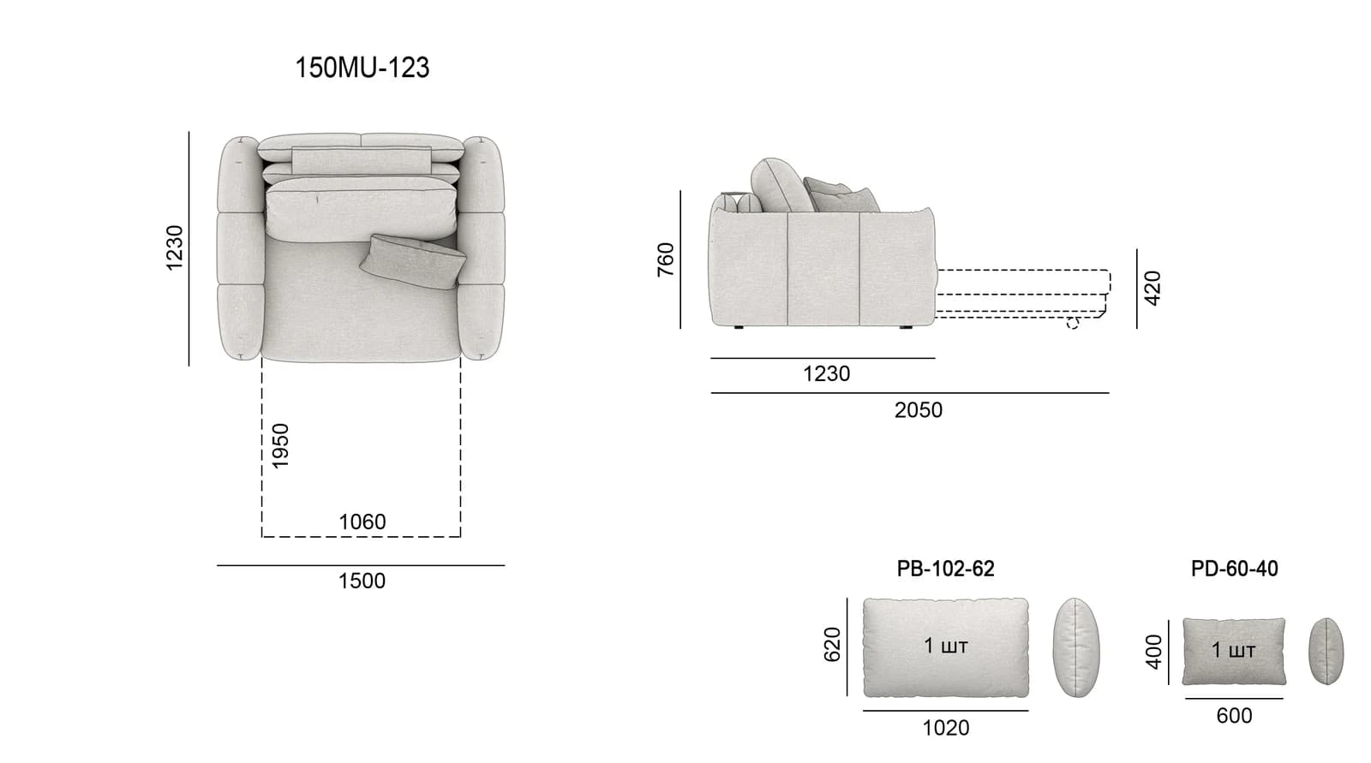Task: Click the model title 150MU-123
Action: tap(362, 68)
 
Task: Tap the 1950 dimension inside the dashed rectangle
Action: tap(279, 446)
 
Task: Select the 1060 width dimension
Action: tap(362, 522)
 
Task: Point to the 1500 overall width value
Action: tap(362, 581)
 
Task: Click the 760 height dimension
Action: tap(665, 259)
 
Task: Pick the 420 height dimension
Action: tap(1152, 289)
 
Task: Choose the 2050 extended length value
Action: tap(918, 410)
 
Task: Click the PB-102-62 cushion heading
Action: tap(946, 569)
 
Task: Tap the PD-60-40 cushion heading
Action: tap(1234, 569)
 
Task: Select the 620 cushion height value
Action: tap(832, 644)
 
